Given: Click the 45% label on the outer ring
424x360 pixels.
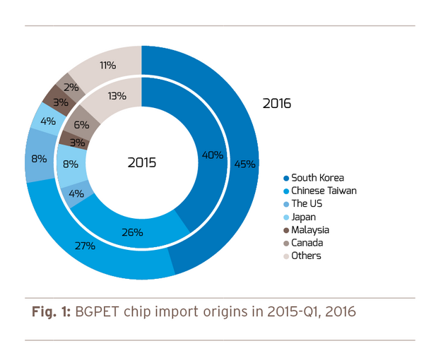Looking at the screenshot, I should pyautogui.click(x=245, y=164).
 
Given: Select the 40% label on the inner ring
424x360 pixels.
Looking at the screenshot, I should pyautogui.click(x=212, y=155).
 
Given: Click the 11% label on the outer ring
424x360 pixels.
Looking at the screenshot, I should pyautogui.click(x=108, y=65).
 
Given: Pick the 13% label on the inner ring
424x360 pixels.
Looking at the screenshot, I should pyautogui.click(x=117, y=95).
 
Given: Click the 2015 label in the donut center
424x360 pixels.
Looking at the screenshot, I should pyautogui.click(x=142, y=162).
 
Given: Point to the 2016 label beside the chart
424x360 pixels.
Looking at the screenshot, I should pyautogui.click(x=277, y=104).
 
